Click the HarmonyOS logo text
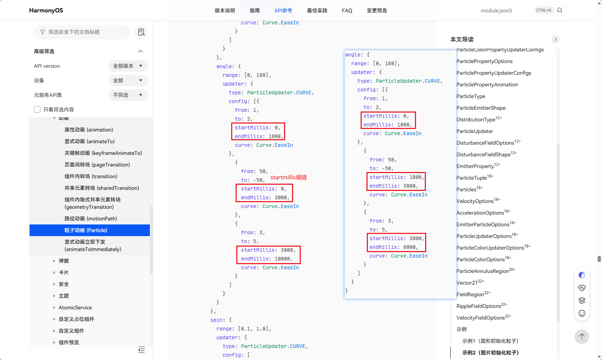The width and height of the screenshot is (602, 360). [x=46, y=11]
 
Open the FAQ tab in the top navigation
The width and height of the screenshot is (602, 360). [x=347, y=11]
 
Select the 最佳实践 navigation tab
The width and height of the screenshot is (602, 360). [x=317, y=11]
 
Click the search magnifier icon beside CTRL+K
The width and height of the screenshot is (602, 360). [x=560, y=10]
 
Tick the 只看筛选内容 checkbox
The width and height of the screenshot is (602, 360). [x=37, y=109]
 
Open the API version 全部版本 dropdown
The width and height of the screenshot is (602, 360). [x=128, y=66]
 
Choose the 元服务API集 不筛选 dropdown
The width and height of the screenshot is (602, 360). [x=128, y=95]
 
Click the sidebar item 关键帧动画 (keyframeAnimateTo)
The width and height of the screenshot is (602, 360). [x=103, y=153]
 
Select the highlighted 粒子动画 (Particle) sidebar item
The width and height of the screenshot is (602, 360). [x=86, y=230]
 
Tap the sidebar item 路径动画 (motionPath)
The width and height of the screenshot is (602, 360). [x=90, y=218]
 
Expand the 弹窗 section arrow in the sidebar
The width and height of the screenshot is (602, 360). [x=54, y=261]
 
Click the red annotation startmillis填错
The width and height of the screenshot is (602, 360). [x=288, y=177]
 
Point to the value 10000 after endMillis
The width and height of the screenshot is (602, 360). [x=282, y=259]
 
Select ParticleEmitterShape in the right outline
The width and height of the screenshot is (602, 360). [x=481, y=108]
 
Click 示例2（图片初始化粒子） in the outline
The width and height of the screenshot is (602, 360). [x=490, y=352]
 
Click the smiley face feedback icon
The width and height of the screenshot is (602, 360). [x=582, y=313]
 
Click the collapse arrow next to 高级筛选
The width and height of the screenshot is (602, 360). [x=140, y=51]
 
